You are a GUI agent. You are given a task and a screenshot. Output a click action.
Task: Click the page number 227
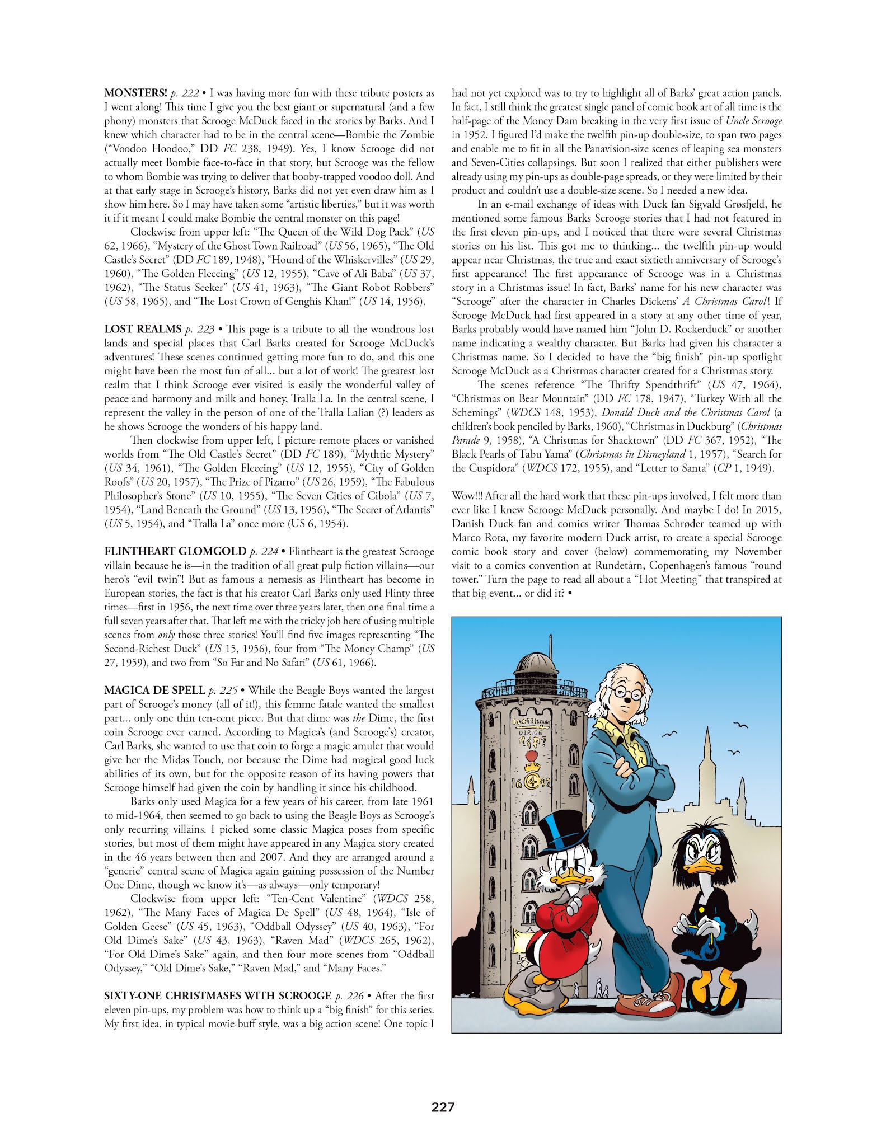point(442,1107)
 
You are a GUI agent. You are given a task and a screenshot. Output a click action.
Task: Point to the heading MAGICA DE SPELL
point(154,691)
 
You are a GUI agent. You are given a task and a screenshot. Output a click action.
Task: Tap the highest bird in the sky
point(742,726)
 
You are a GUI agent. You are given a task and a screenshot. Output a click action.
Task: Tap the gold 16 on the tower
point(515,782)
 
